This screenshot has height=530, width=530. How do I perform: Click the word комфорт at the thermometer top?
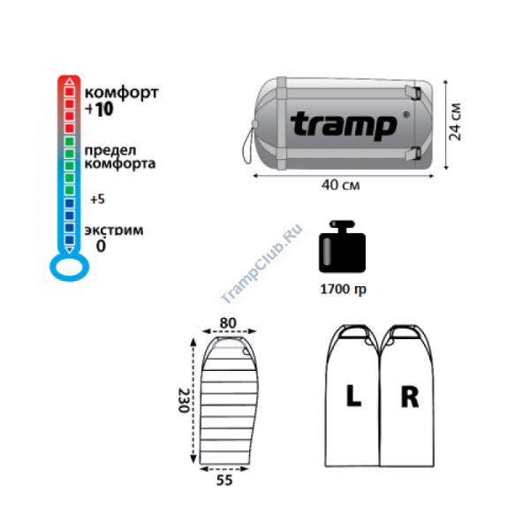point(121,94)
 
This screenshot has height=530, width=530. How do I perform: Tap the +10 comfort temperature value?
point(99,110)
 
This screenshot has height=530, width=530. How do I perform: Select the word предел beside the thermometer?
point(110,150)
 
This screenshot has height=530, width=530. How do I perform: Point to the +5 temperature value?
point(97,200)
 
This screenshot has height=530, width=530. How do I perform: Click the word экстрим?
point(114,231)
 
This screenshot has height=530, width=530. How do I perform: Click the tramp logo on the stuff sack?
point(343,125)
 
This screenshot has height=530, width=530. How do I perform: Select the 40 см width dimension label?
point(340,185)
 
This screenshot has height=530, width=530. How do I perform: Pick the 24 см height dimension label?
point(455,122)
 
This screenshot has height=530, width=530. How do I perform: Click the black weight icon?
point(342,246)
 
